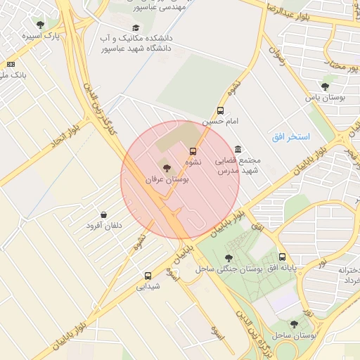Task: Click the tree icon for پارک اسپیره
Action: (40, 25)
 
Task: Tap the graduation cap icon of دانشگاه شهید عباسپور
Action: (136, 27)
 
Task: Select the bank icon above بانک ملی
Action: (11, 64)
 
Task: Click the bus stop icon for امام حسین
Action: (221, 110)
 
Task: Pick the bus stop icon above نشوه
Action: (193, 151)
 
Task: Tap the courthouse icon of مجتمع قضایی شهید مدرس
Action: (238, 149)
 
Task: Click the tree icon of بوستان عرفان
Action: (167, 168)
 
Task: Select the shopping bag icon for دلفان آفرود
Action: (104, 214)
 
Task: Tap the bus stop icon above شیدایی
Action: (148, 276)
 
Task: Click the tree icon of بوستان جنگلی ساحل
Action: (227, 257)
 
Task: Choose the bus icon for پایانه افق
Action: (282, 257)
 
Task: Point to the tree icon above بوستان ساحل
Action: (294, 324)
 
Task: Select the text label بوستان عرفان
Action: (167, 180)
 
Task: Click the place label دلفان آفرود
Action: (104, 226)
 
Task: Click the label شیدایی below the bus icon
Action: (148, 287)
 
